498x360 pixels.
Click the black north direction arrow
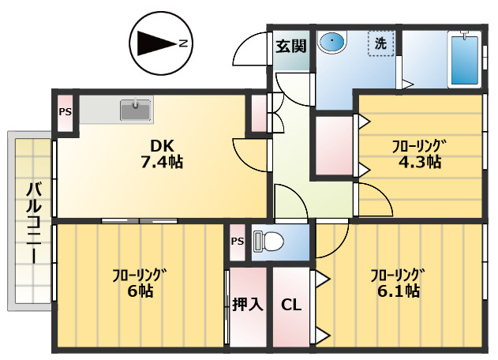pyautogui.click(x=154, y=43)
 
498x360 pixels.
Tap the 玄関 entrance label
pyautogui.click(x=290, y=45)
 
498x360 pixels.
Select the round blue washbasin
pyautogui.click(x=333, y=42)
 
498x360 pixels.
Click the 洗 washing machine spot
pyautogui.click(x=380, y=43)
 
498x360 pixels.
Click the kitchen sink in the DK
pyautogui.click(x=136, y=110)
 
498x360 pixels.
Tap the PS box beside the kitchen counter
pyautogui.click(x=65, y=111)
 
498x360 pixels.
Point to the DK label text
pyautogui.click(x=163, y=145)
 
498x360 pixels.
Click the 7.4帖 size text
pyautogui.click(x=163, y=163)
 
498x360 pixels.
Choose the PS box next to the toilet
pyautogui.click(x=238, y=242)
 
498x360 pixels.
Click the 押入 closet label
pyautogui.click(x=248, y=305)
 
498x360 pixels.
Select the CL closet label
pyautogui.click(x=291, y=305)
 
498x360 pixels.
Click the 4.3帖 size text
pyautogui.click(x=418, y=162)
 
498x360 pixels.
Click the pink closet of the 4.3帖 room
pyautogui.click(x=334, y=145)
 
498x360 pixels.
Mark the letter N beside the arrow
pyautogui.click(x=182, y=43)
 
